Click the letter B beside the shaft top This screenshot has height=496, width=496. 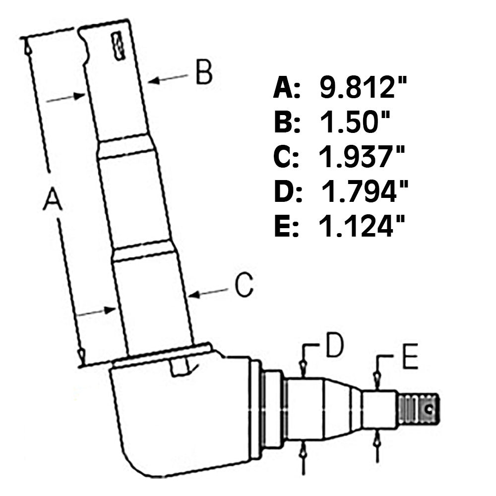[x=203, y=72]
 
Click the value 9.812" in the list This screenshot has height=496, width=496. [x=363, y=89]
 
